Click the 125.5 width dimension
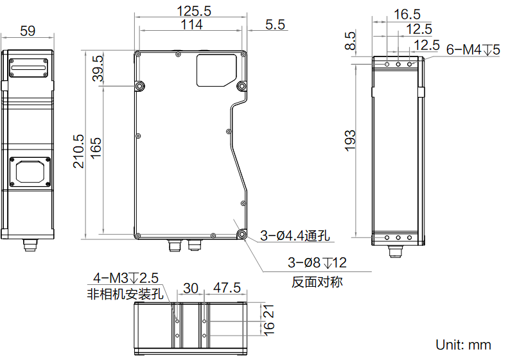click(194, 12)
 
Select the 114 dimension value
click(192, 24)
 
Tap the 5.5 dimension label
click(275, 25)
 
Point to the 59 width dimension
click(28, 31)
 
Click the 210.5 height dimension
click(78, 151)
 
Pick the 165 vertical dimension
click(96, 148)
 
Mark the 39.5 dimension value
click(98, 68)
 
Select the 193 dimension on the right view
click(350, 141)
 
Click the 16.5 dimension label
click(407, 14)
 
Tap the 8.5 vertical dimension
click(350, 41)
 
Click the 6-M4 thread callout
click(473, 50)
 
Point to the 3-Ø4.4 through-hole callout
click(295, 236)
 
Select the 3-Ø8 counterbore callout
click(317, 262)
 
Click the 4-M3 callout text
click(126, 278)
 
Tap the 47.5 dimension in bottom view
click(227, 287)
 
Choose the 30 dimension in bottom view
click(191, 288)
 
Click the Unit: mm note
click(463, 345)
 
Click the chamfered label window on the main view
click(216, 70)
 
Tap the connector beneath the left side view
click(30, 244)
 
